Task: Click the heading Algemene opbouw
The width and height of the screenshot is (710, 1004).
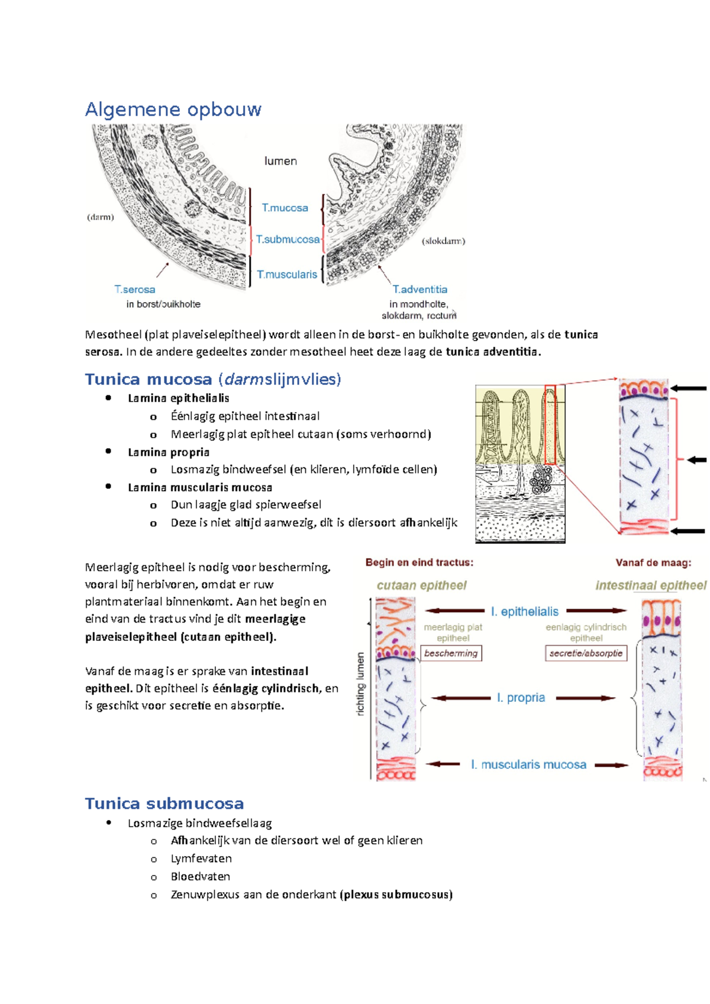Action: coord(173,109)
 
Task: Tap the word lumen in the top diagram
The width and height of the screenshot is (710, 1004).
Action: coord(280,161)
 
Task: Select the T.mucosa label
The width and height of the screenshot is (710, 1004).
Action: coord(285,208)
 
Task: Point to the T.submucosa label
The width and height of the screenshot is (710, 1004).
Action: coord(288,239)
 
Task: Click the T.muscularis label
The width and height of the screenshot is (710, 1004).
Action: coord(286,274)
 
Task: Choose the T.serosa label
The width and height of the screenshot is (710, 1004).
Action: coord(134,290)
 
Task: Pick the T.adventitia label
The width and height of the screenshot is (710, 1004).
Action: coord(420,290)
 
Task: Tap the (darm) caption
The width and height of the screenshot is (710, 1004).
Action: coord(101,218)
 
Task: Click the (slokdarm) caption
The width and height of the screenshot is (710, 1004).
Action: coord(443,241)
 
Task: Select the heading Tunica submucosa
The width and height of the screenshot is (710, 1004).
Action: coord(164,804)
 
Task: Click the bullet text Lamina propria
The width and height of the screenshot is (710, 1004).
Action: coord(169,452)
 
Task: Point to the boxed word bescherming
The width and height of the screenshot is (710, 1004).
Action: coord(451,653)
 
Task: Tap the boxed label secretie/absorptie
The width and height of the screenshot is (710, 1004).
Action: coord(586,653)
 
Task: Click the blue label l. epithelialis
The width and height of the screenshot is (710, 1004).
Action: coord(525,611)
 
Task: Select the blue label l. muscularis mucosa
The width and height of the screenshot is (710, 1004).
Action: coord(528,765)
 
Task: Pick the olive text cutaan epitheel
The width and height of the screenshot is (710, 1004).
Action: coord(422,585)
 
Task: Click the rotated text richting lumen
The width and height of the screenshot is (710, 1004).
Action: coord(360,684)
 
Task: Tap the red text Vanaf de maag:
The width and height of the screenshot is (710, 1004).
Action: coord(653,562)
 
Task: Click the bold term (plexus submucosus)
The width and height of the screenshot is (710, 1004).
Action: coord(396,894)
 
